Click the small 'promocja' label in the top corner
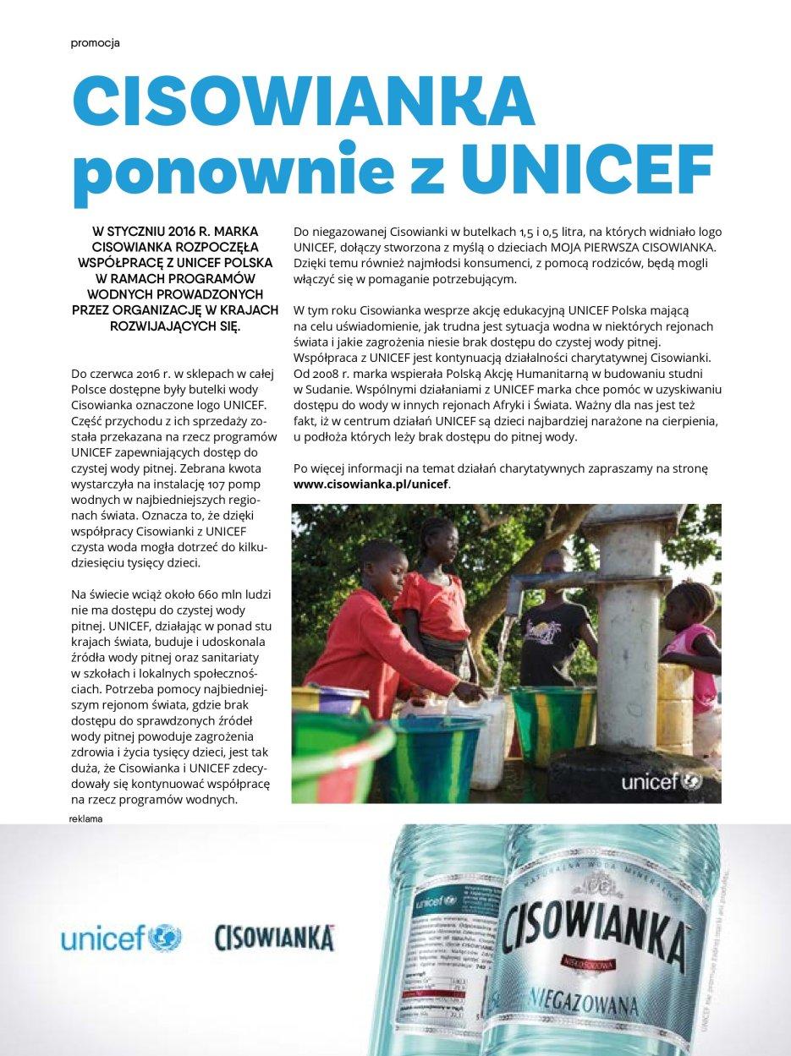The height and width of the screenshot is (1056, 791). tap(95, 44)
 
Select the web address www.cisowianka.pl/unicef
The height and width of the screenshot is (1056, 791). tap(371, 484)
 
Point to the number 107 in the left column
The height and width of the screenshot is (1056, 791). tap(217, 483)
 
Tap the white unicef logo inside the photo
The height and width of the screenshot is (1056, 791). tap(661, 781)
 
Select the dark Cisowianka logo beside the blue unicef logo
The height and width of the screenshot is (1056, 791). tap(275, 938)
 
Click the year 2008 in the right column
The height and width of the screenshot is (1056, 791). tap(324, 373)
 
